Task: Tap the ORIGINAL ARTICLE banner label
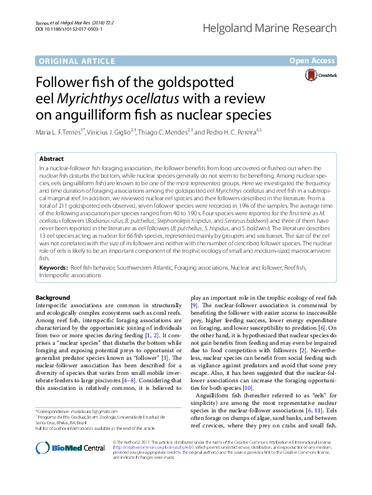point(73,61)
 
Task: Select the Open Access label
point(312,61)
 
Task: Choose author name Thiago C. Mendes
point(179,132)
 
